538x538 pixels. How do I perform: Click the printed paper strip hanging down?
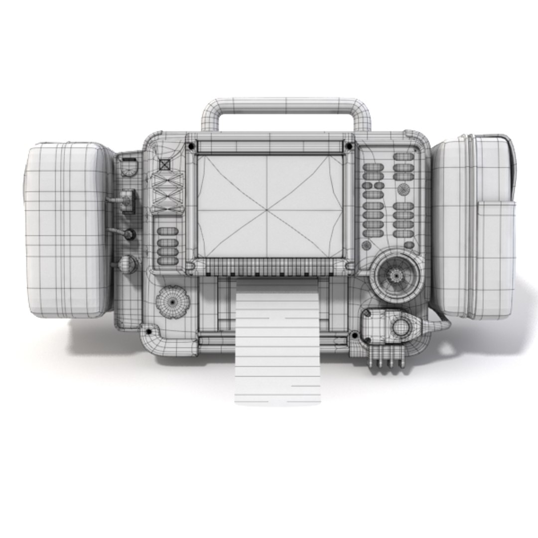point(276,349)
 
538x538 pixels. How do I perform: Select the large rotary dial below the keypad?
point(396,274)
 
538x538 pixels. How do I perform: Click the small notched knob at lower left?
point(173,301)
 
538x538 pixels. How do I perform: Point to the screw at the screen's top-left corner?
point(190,146)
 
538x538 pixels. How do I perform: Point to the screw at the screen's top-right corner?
point(349,146)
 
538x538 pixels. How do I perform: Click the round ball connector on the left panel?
point(128,264)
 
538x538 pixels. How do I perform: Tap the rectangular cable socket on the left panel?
point(128,201)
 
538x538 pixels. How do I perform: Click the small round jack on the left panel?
point(130,234)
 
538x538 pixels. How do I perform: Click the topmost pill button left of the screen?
point(167,232)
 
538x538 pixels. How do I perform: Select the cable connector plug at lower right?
point(399,328)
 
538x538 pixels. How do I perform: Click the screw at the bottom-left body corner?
point(147,330)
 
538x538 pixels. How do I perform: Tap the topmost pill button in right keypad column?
point(403,156)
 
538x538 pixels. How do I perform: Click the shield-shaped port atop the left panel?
point(129,167)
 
